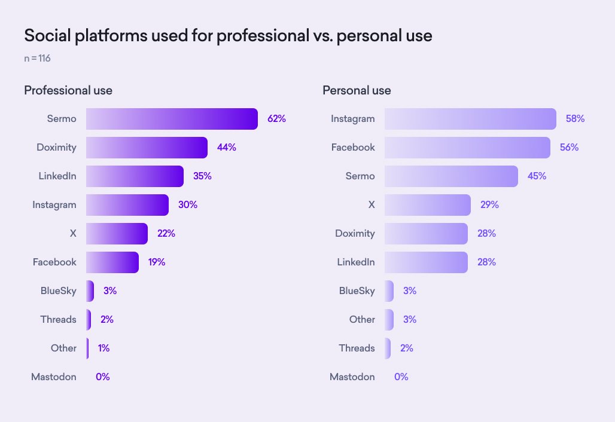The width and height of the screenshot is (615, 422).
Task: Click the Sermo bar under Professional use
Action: [172, 119]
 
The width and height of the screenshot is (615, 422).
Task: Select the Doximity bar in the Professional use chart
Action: [147, 148]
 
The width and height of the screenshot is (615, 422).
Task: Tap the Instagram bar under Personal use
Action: [470, 119]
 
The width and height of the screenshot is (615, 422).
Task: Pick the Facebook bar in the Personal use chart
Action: [467, 148]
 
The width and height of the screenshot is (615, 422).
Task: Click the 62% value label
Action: [276, 119]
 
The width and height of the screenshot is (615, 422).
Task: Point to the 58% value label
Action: [575, 119]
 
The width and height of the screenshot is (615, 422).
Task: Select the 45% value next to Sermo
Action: [537, 176]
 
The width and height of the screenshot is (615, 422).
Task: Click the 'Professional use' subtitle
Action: [68, 91]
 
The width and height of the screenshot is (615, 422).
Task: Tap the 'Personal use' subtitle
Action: [357, 91]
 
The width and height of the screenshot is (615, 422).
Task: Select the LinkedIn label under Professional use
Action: [57, 176]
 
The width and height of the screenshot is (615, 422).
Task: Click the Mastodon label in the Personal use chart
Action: [352, 377]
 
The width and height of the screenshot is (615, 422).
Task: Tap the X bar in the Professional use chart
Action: [117, 234]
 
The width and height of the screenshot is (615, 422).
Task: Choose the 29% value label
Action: [489, 205]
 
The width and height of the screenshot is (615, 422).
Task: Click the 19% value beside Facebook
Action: [157, 262]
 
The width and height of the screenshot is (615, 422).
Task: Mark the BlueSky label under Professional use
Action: [58, 291]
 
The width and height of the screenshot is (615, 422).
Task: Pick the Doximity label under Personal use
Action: [355, 234]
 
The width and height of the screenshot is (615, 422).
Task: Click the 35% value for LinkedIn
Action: [202, 176]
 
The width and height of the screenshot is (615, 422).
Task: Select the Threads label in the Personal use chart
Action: [357, 348]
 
